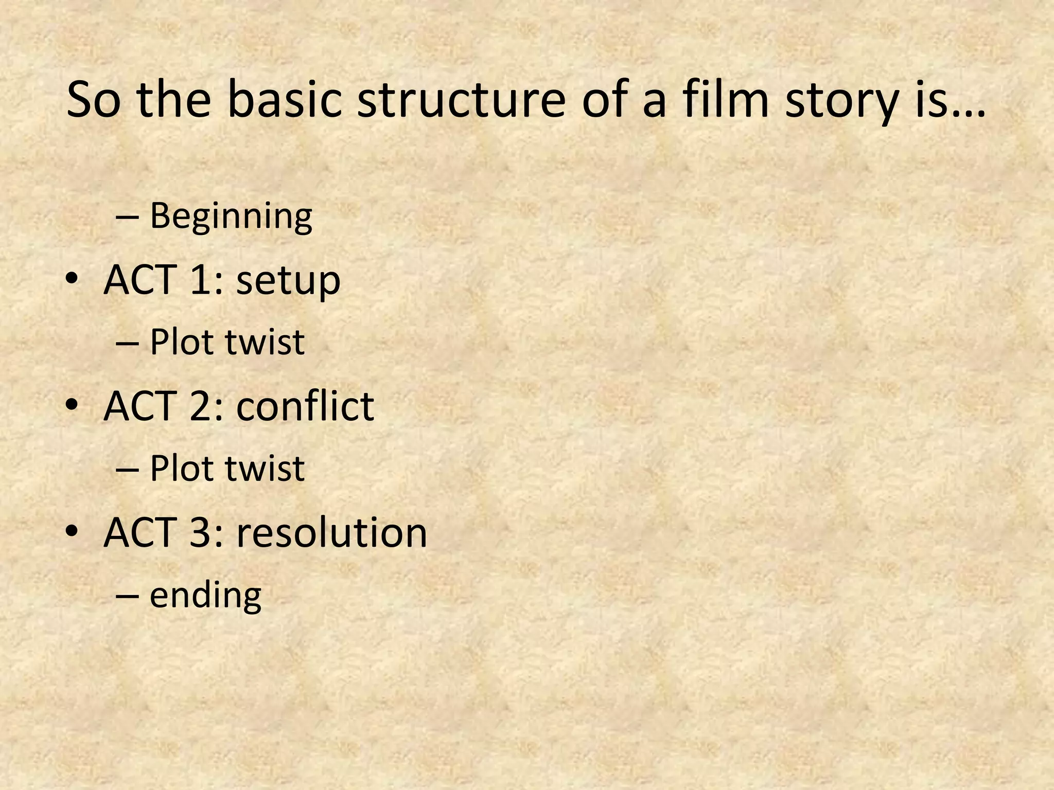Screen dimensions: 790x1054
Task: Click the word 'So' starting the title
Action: pos(93,99)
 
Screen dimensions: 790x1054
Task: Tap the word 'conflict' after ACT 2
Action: pos(305,406)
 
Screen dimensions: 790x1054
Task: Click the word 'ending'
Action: pos(205,596)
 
